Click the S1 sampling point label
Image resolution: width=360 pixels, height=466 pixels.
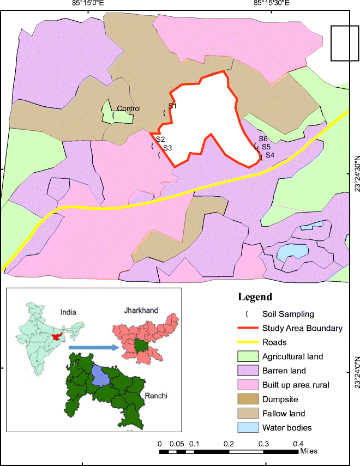coord(172,106)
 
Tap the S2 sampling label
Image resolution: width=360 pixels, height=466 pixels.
coord(160,140)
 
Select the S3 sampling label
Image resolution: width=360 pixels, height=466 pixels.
coord(167,148)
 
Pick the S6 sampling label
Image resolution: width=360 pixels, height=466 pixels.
coord(263,139)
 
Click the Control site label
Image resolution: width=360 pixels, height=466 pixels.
coord(129,108)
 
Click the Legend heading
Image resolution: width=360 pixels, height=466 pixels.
coord(255,298)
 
